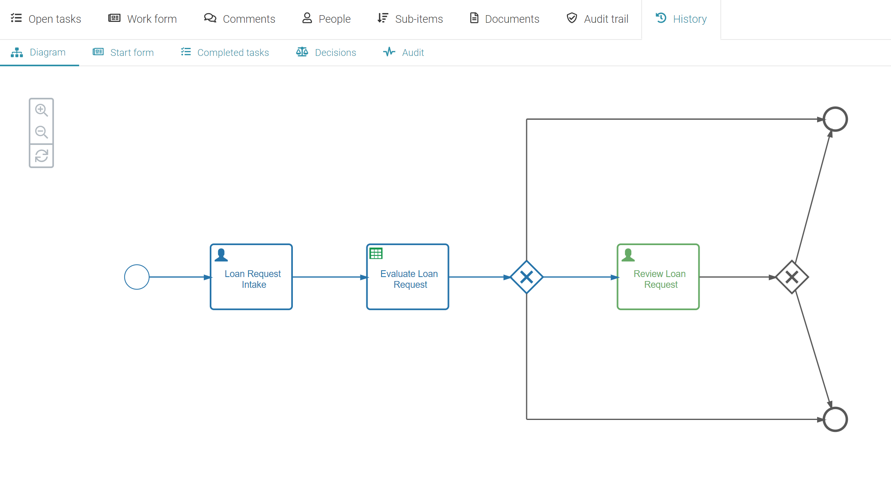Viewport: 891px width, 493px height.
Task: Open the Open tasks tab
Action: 46,19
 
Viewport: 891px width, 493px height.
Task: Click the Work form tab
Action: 143,19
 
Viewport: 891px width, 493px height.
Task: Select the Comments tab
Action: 240,19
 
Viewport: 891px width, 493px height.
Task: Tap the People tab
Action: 326,19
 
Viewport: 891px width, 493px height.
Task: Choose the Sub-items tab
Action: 410,19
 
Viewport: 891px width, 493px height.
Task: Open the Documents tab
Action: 505,19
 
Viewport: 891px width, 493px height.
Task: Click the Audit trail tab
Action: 598,19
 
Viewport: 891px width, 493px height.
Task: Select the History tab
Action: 681,19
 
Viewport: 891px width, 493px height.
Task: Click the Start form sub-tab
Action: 123,52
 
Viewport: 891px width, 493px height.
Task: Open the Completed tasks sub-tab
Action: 225,52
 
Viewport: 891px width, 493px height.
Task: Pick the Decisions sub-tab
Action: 326,52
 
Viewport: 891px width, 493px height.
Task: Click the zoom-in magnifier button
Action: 41,110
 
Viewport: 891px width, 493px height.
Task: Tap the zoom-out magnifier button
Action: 41,132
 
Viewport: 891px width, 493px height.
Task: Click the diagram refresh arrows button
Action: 41,156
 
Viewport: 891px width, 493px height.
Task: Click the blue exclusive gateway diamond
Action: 527,277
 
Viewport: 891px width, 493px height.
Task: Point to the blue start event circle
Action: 137,277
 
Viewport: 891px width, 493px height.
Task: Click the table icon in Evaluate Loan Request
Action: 376,253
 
